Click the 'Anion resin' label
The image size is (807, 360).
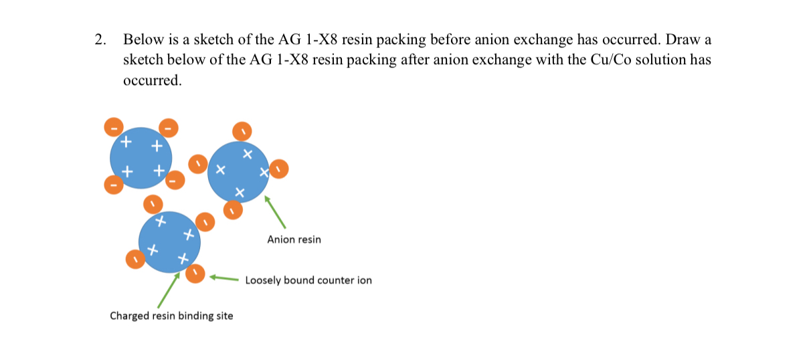click(x=294, y=239)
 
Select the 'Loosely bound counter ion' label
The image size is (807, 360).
click(x=308, y=280)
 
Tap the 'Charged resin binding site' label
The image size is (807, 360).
click(x=171, y=316)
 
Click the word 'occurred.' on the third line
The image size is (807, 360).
click(x=152, y=81)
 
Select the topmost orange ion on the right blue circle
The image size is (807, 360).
click(x=242, y=129)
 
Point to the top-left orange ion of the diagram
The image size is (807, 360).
click(x=114, y=125)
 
